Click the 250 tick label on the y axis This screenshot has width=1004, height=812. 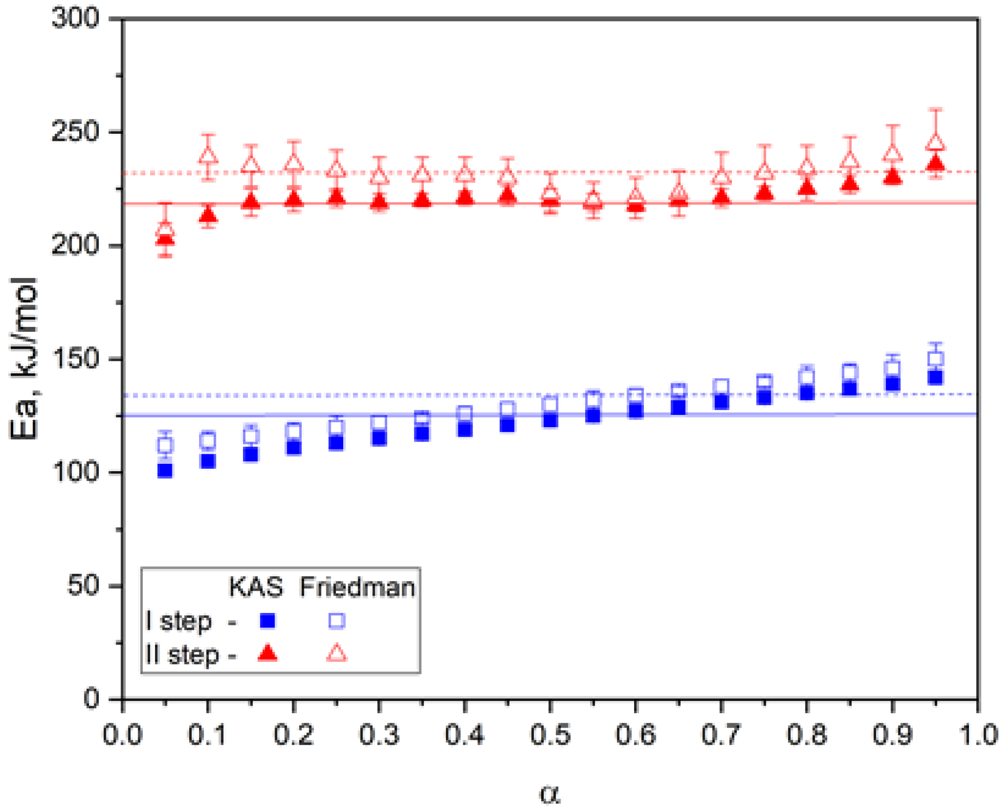[75, 132]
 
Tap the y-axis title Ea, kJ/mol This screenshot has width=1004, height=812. [24, 358]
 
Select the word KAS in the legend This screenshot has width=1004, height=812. [256, 587]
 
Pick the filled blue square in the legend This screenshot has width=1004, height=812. [267, 621]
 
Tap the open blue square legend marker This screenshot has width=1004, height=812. [337, 621]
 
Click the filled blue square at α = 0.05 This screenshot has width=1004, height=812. [165, 471]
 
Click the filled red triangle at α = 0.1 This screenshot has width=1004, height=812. [208, 215]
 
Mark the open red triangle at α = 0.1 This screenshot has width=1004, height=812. [208, 155]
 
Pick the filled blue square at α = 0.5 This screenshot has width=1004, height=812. [550, 420]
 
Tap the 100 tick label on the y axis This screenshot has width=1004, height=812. [75, 472]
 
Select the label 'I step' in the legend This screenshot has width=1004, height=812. [179, 621]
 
